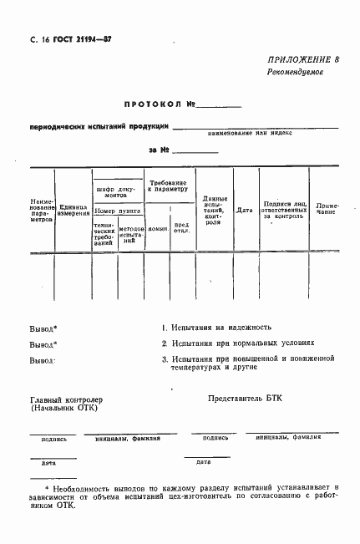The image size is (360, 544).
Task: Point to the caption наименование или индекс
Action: tap(266, 134)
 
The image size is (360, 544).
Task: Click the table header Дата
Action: tap(244, 211)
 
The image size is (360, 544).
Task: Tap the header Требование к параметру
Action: tap(168, 186)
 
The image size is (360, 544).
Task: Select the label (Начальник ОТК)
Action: tap(63, 409)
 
